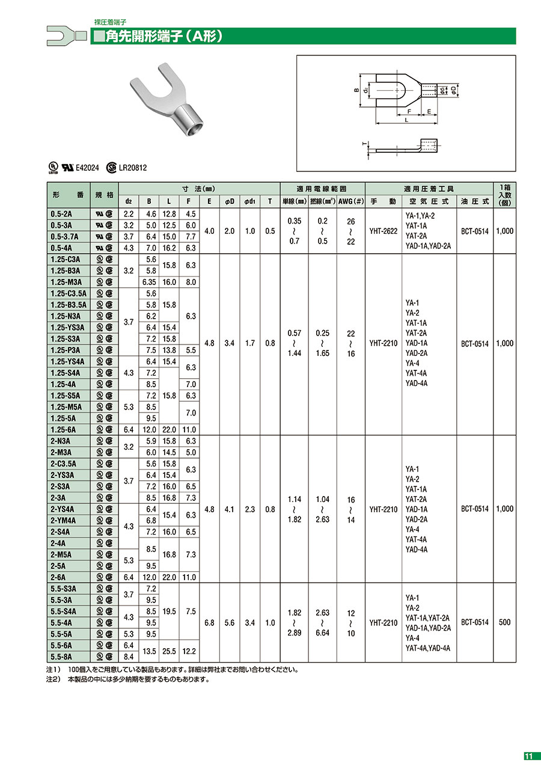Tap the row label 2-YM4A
pyautogui.click(x=64, y=520)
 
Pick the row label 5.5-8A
pyautogui.click(x=63, y=657)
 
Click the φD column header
pyautogui.click(x=229, y=201)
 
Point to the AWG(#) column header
pyautogui.click(x=351, y=201)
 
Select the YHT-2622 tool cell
pyautogui.click(x=384, y=231)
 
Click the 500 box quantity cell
pyautogui.click(x=504, y=623)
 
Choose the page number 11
pyautogui.click(x=528, y=756)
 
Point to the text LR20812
pyautogui.click(x=133, y=169)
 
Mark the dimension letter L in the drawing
pyautogui.click(x=406, y=120)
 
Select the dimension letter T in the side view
pyautogui.click(x=364, y=144)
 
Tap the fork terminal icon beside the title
pyautogui.click(x=60, y=35)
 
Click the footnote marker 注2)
pyautogui.click(x=54, y=679)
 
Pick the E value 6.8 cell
pyautogui.click(x=209, y=623)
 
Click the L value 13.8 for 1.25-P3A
pyautogui.click(x=170, y=350)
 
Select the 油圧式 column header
pyautogui.click(x=475, y=201)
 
